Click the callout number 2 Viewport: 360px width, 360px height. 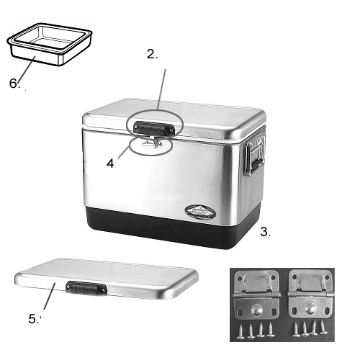click(x=151, y=53)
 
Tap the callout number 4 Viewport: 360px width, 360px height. click(x=110, y=163)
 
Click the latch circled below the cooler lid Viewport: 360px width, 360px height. click(x=152, y=146)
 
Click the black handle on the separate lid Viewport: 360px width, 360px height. click(x=86, y=289)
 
